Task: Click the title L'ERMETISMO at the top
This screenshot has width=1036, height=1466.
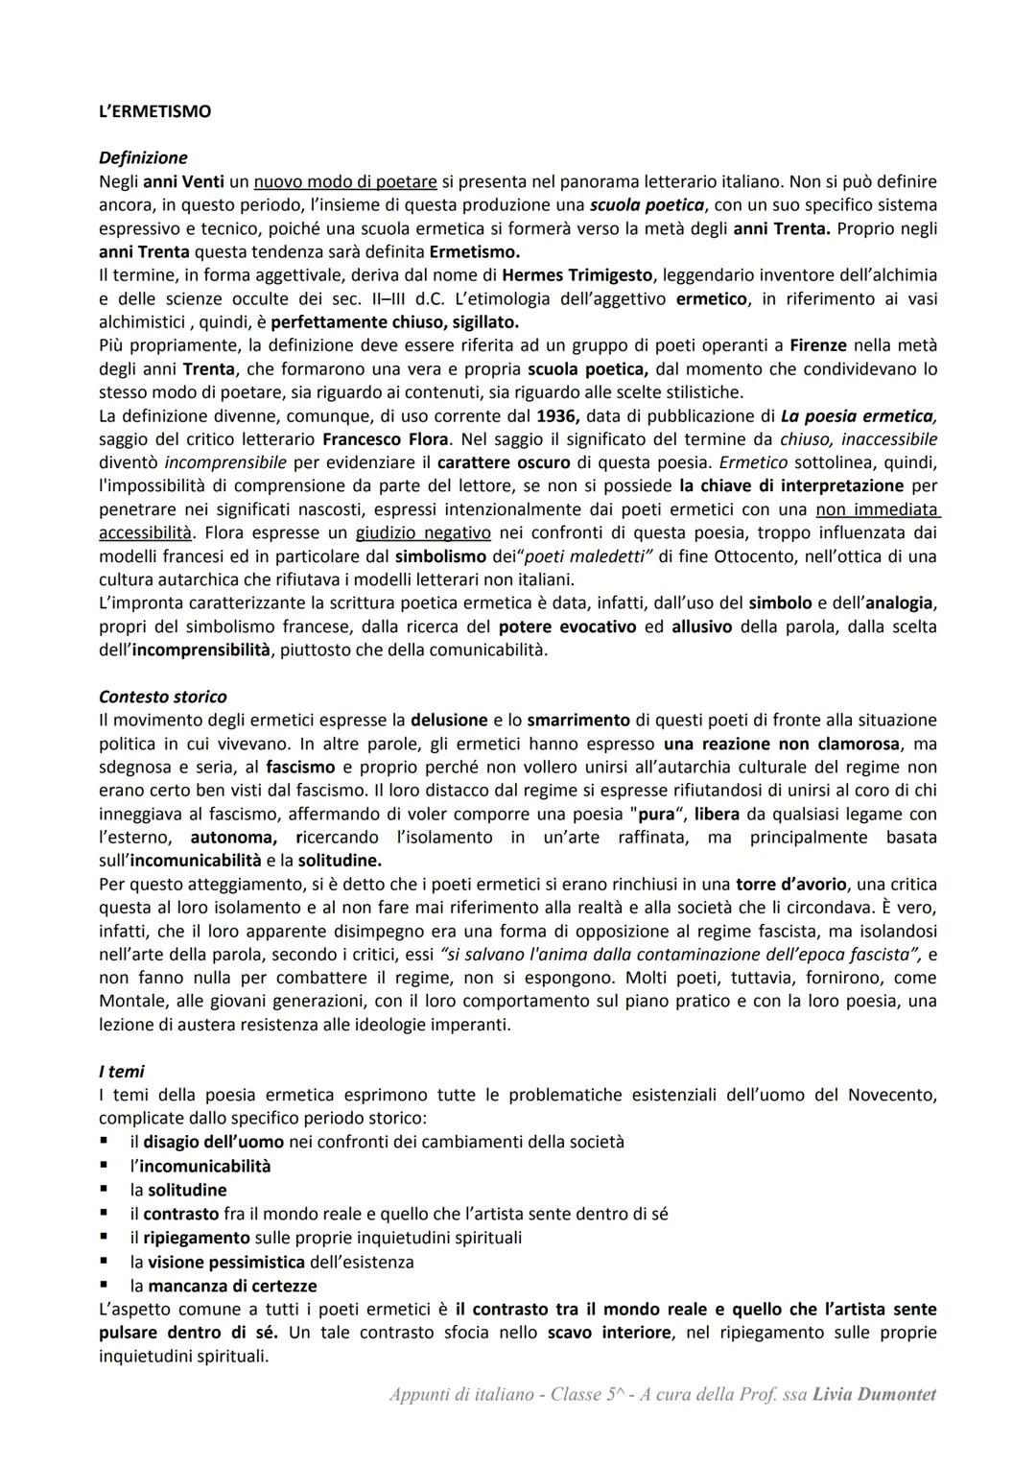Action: (x=154, y=111)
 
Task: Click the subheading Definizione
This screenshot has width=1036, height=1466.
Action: (x=143, y=157)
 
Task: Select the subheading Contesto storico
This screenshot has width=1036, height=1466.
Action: (x=162, y=697)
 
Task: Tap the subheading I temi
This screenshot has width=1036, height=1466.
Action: (x=121, y=1071)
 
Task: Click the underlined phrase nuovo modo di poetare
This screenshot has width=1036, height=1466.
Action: (x=345, y=181)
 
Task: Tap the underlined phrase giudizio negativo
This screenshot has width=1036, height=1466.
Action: (x=423, y=532)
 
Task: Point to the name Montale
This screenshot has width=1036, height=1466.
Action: (x=133, y=1001)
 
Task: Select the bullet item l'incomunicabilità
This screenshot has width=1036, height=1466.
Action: (x=200, y=1166)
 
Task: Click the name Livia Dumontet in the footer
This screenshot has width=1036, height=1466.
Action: (x=874, y=1395)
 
